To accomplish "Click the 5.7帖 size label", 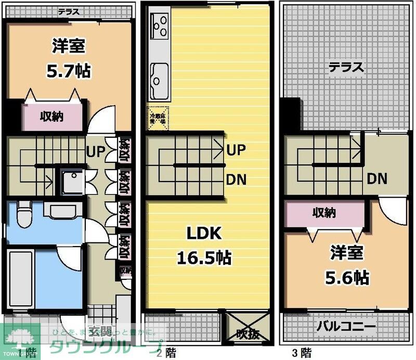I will [x=69, y=70].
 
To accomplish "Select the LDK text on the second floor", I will [x=204, y=234].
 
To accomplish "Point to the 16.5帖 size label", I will [x=204, y=257].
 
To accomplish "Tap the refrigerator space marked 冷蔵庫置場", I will [x=157, y=119].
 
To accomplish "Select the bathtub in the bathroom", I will [x=21, y=279].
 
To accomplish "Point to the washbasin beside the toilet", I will [x=62, y=211].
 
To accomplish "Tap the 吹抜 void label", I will [x=246, y=333].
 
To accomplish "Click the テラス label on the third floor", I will [x=345, y=67].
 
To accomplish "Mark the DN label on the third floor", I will [x=377, y=179].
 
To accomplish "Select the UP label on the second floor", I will [x=236, y=150].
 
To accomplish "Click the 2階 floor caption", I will [x=166, y=353].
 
